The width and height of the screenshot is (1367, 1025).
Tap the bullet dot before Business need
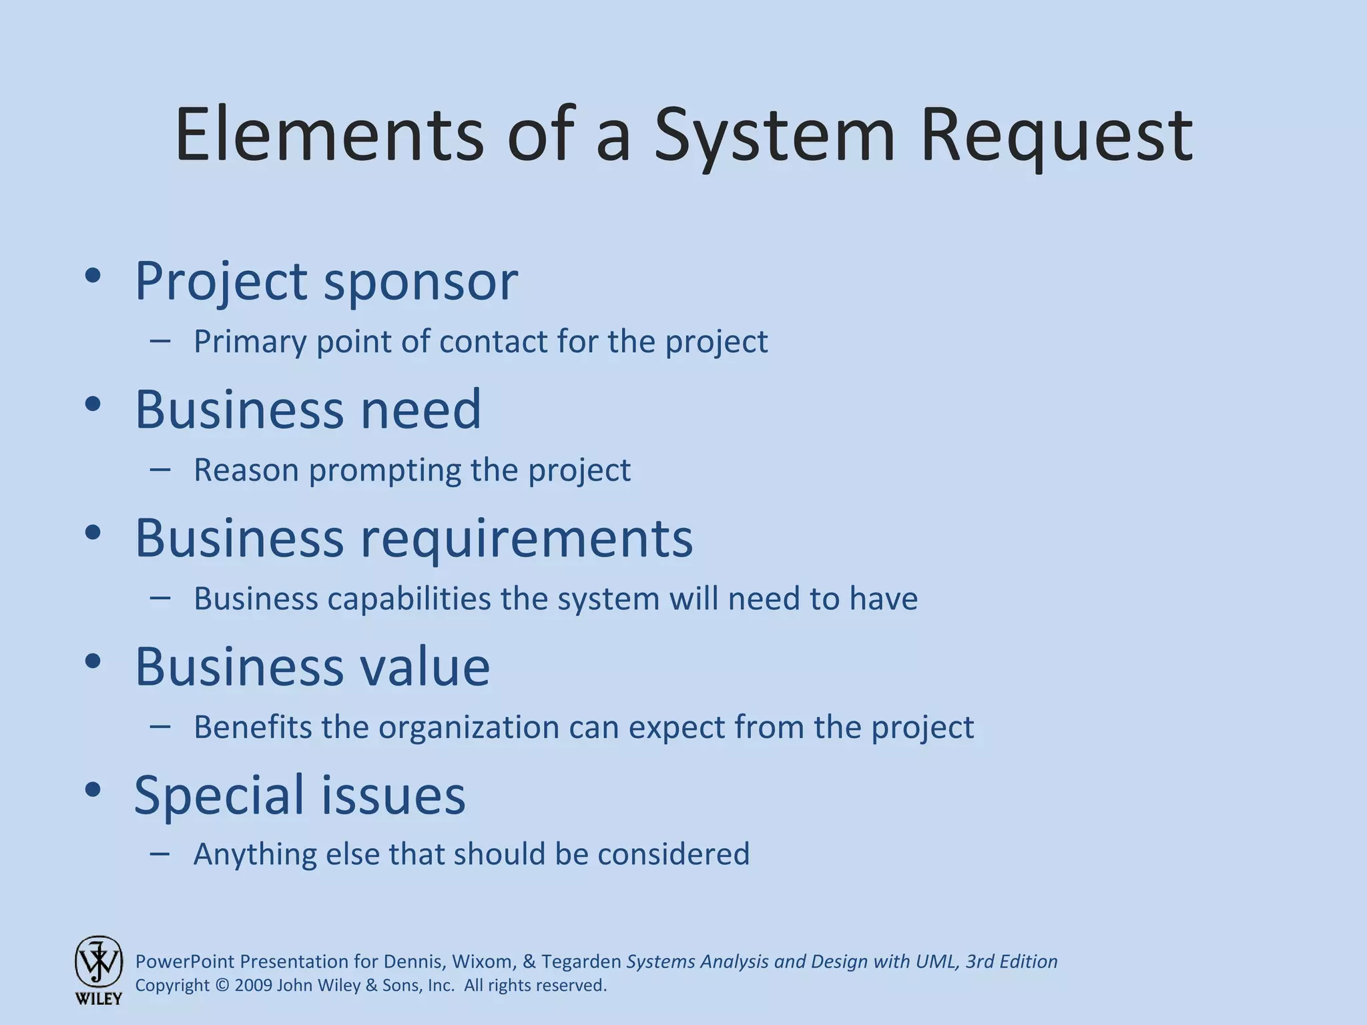click(x=93, y=404)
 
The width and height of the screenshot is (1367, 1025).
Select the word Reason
click(x=246, y=470)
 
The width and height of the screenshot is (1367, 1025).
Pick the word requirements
click(x=527, y=539)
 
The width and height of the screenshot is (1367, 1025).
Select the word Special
click(x=220, y=795)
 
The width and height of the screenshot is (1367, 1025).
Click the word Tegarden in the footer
click(x=581, y=962)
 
